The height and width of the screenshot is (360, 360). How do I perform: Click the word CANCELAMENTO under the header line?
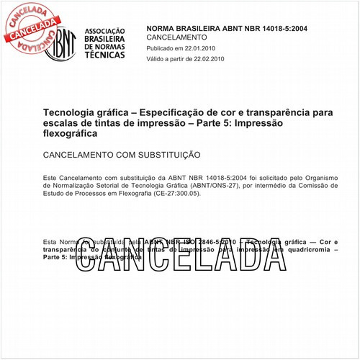tap(176, 37)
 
